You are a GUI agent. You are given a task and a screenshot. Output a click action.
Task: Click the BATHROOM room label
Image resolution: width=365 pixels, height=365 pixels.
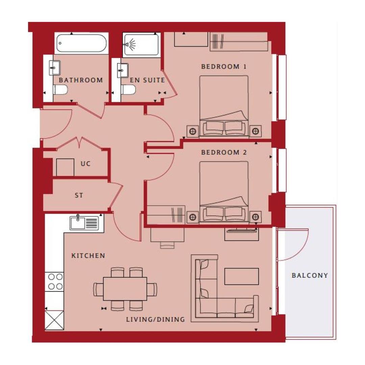81,80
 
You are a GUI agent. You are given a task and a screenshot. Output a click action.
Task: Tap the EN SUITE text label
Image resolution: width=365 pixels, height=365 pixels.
147,80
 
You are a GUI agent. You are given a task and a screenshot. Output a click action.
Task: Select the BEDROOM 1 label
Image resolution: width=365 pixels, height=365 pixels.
224,67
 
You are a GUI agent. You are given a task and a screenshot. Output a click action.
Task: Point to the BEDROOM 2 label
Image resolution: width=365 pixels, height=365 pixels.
224,152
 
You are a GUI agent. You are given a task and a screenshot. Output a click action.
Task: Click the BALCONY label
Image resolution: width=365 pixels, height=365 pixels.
310,275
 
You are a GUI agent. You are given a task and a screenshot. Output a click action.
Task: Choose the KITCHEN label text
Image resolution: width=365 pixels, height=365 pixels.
88,256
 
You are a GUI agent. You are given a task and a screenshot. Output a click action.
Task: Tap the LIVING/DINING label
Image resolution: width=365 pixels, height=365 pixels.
155,319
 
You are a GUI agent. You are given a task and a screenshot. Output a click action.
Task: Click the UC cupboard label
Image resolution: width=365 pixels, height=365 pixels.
86,164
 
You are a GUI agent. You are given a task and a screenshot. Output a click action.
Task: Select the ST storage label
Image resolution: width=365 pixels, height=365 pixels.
79,195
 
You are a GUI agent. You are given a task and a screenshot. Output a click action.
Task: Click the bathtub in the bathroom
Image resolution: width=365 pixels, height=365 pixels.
81,44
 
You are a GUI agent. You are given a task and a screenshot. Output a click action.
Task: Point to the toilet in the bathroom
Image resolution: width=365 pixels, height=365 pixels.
60,90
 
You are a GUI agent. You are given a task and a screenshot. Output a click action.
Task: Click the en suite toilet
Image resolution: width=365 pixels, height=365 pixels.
128,90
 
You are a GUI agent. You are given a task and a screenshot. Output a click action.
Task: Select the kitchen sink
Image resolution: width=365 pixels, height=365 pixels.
84,223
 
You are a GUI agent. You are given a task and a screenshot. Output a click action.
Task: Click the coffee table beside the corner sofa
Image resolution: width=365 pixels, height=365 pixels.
242,276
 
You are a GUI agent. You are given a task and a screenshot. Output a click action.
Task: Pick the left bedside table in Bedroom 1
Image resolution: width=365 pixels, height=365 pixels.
193,130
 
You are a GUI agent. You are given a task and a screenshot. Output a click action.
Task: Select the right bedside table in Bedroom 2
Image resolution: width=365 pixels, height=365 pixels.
255,216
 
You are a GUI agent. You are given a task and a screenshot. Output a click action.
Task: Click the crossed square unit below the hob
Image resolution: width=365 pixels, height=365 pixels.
54,320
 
